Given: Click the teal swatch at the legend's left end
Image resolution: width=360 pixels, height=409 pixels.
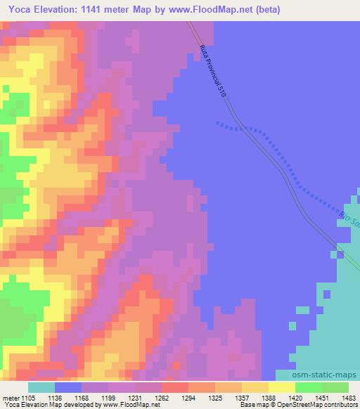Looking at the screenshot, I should [41, 387].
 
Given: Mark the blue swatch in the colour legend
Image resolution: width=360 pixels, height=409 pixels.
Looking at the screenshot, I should [68, 387].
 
